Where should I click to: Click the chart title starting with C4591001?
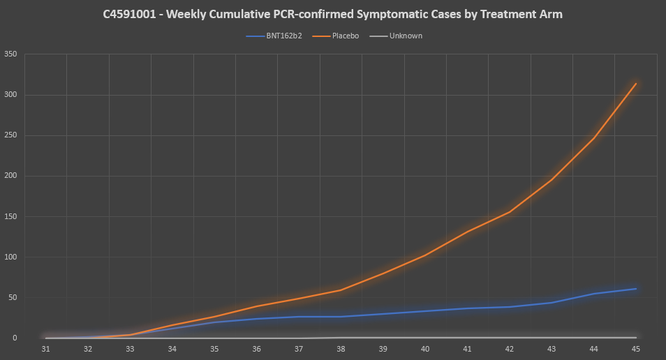(332, 14)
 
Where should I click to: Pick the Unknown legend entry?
(406, 36)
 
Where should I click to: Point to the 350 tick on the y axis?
(10, 54)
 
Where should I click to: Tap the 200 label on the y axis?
(10, 176)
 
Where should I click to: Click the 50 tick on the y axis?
(12, 297)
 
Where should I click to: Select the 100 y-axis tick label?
(10, 257)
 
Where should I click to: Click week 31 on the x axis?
(46, 348)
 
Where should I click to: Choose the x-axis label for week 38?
(341, 348)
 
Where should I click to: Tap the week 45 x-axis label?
(636, 348)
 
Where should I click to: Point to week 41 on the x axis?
(467, 348)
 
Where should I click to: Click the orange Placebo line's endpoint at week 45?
(636, 84)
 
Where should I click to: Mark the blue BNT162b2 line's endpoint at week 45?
(636, 289)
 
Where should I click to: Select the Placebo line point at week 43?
(552, 179)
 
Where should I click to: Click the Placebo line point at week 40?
(425, 255)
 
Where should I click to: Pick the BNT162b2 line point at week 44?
(594, 294)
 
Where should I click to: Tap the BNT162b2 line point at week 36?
(257, 319)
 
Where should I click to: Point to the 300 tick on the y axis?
(10, 95)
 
